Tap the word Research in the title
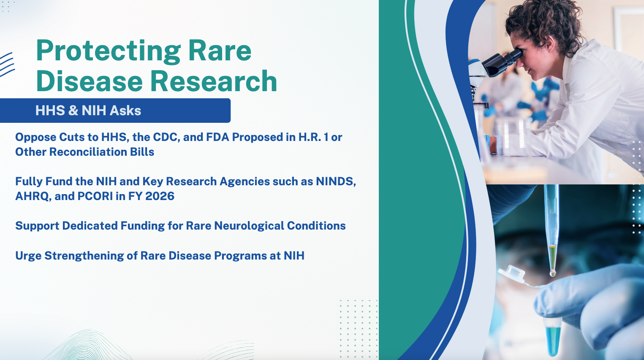(214, 81)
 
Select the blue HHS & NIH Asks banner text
(88, 111)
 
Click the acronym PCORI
(95, 196)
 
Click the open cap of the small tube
(511, 273)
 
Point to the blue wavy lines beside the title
(7, 65)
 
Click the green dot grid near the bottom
(359, 329)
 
